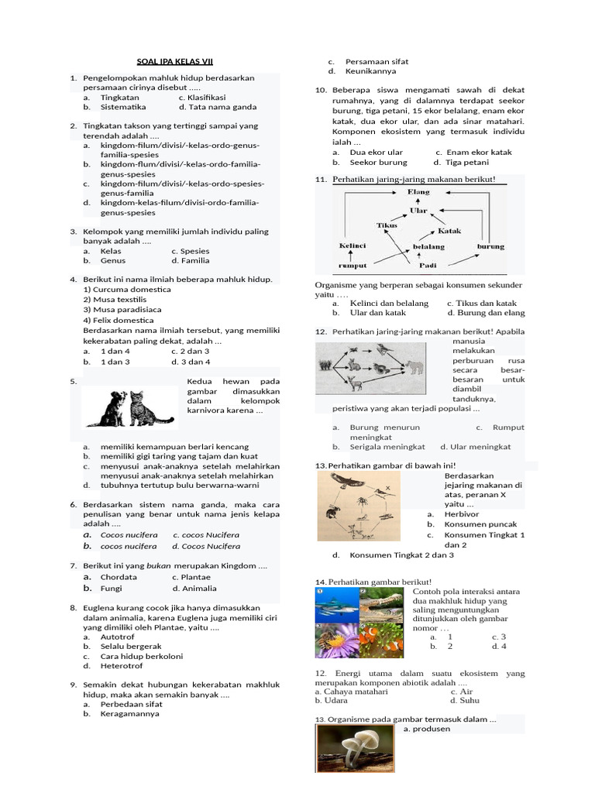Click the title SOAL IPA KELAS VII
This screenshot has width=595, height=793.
174,61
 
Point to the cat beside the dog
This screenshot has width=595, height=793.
141,408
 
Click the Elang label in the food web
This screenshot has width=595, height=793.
418,191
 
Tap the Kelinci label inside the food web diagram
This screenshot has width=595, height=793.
352,245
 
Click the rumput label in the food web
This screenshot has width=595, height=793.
353,265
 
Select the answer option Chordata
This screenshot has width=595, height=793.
119,577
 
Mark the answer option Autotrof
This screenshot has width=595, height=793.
117,637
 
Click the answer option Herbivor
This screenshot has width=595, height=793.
462,514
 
